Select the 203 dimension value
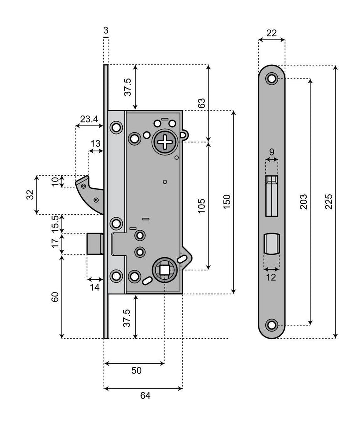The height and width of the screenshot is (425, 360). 303,201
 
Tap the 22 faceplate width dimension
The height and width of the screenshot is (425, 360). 272,33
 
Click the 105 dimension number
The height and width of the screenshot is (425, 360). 202,206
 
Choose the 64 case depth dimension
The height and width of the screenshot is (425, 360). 145,395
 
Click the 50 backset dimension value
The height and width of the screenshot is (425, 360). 136,370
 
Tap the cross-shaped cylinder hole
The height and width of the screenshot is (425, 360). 165,143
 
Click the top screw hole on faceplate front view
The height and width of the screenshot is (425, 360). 272,78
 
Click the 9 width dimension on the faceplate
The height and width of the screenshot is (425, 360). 272,152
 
